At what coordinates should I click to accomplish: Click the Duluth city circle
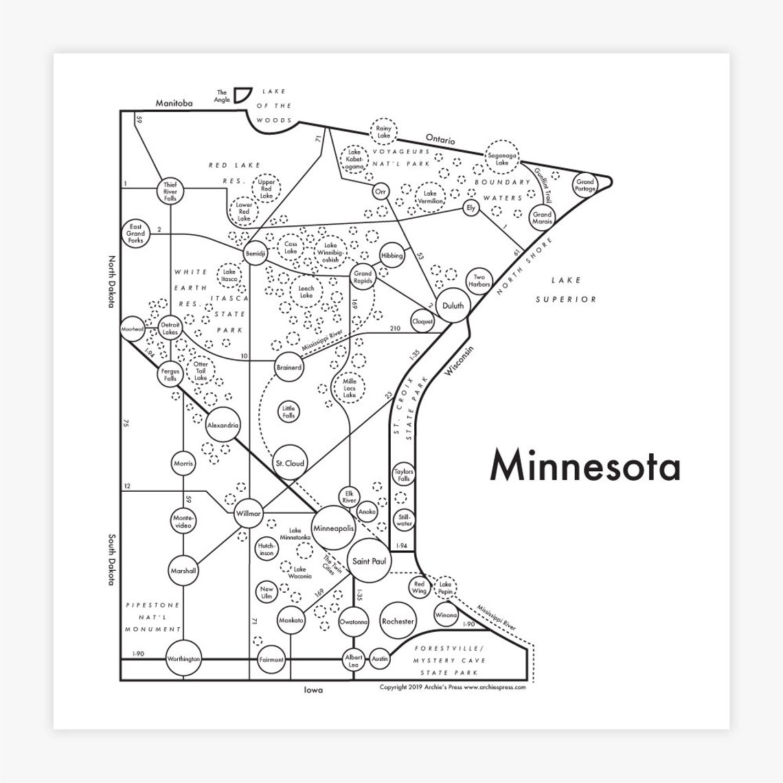453,306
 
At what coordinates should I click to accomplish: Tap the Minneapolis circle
333,528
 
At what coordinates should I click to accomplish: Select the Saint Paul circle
369,561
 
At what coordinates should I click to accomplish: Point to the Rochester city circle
398,621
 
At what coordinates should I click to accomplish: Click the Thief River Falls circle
170,190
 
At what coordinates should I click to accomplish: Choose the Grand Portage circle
585,184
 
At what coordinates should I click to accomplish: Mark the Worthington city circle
184,659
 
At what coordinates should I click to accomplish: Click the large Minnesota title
585,466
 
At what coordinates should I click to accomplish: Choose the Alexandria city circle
223,425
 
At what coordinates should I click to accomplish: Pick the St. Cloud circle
289,464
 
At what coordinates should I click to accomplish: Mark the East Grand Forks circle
135,234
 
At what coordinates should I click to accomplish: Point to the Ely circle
470,207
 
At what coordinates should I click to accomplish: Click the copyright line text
452,687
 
